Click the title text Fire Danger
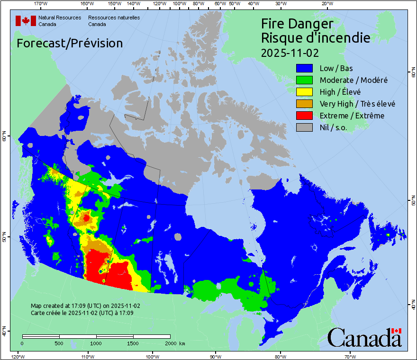(x=297, y=24)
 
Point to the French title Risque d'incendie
(x=316, y=38)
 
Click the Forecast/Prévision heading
(x=70, y=43)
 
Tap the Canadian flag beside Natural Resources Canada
(x=26, y=21)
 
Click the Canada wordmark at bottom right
(x=364, y=338)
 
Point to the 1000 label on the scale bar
(x=96, y=343)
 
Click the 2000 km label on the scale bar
(x=174, y=343)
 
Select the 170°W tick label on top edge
(x=41, y=3)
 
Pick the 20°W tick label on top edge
(x=326, y=3)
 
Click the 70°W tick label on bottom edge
(x=350, y=356)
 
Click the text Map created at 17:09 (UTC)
(x=85, y=306)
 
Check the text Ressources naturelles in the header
(x=114, y=18)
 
